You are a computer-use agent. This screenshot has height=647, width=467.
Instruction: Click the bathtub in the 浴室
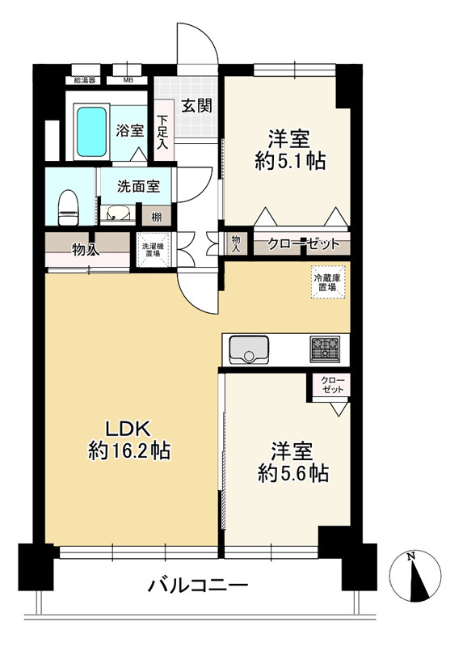click(91, 132)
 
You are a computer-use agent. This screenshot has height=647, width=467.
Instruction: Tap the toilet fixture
click(69, 208)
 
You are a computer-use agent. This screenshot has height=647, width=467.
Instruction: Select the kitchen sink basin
click(249, 350)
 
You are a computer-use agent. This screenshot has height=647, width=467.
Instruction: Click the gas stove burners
click(326, 349)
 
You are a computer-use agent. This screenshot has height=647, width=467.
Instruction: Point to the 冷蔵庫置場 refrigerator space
click(328, 282)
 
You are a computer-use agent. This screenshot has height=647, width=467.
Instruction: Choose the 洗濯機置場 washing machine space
click(154, 250)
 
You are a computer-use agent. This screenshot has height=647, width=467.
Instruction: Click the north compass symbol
click(415, 576)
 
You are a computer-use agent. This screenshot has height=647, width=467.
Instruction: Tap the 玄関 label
click(197, 106)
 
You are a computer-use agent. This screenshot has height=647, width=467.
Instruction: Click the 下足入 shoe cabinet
click(164, 130)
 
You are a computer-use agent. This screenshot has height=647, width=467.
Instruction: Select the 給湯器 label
click(85, 80)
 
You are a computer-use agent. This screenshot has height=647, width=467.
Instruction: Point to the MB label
click(128, 80)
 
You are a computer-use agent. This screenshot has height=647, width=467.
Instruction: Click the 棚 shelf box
click(156, 216)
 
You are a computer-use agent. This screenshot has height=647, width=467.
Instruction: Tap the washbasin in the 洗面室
click(117, 214)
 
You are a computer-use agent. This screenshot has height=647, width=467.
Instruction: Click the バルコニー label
click(197, 585)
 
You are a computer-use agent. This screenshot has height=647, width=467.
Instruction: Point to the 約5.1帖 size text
click(290, 160)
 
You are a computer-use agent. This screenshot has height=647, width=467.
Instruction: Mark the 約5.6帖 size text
click(293, 473)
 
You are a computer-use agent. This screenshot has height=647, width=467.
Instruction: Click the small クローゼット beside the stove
click(331, 385)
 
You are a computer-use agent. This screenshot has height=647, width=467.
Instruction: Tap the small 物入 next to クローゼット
click(236, 243)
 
